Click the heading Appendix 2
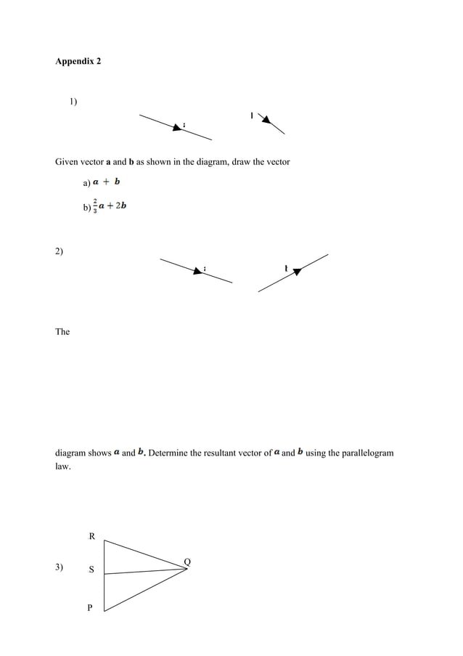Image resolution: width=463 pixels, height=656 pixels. click(78, 61)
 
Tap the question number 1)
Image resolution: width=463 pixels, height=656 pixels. click(73, 101)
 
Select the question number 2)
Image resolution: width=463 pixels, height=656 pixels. click(59, 251)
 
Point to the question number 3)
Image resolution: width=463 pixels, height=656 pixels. click(59, 567)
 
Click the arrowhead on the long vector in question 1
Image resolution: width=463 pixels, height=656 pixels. click(177, 127)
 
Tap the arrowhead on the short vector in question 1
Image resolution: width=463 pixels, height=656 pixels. click(264, 118)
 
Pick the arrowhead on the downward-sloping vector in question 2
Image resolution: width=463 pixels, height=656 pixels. click(198, 271)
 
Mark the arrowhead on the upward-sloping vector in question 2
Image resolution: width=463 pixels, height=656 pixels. click(297, 271)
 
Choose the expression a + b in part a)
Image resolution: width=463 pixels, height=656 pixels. click(107, 182)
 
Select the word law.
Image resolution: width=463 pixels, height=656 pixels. click(63, 467)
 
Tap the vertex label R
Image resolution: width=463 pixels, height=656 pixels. click(91, 537)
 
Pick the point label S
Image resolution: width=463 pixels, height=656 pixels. click(91, 570)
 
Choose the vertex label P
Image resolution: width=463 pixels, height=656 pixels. click(90, 608)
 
